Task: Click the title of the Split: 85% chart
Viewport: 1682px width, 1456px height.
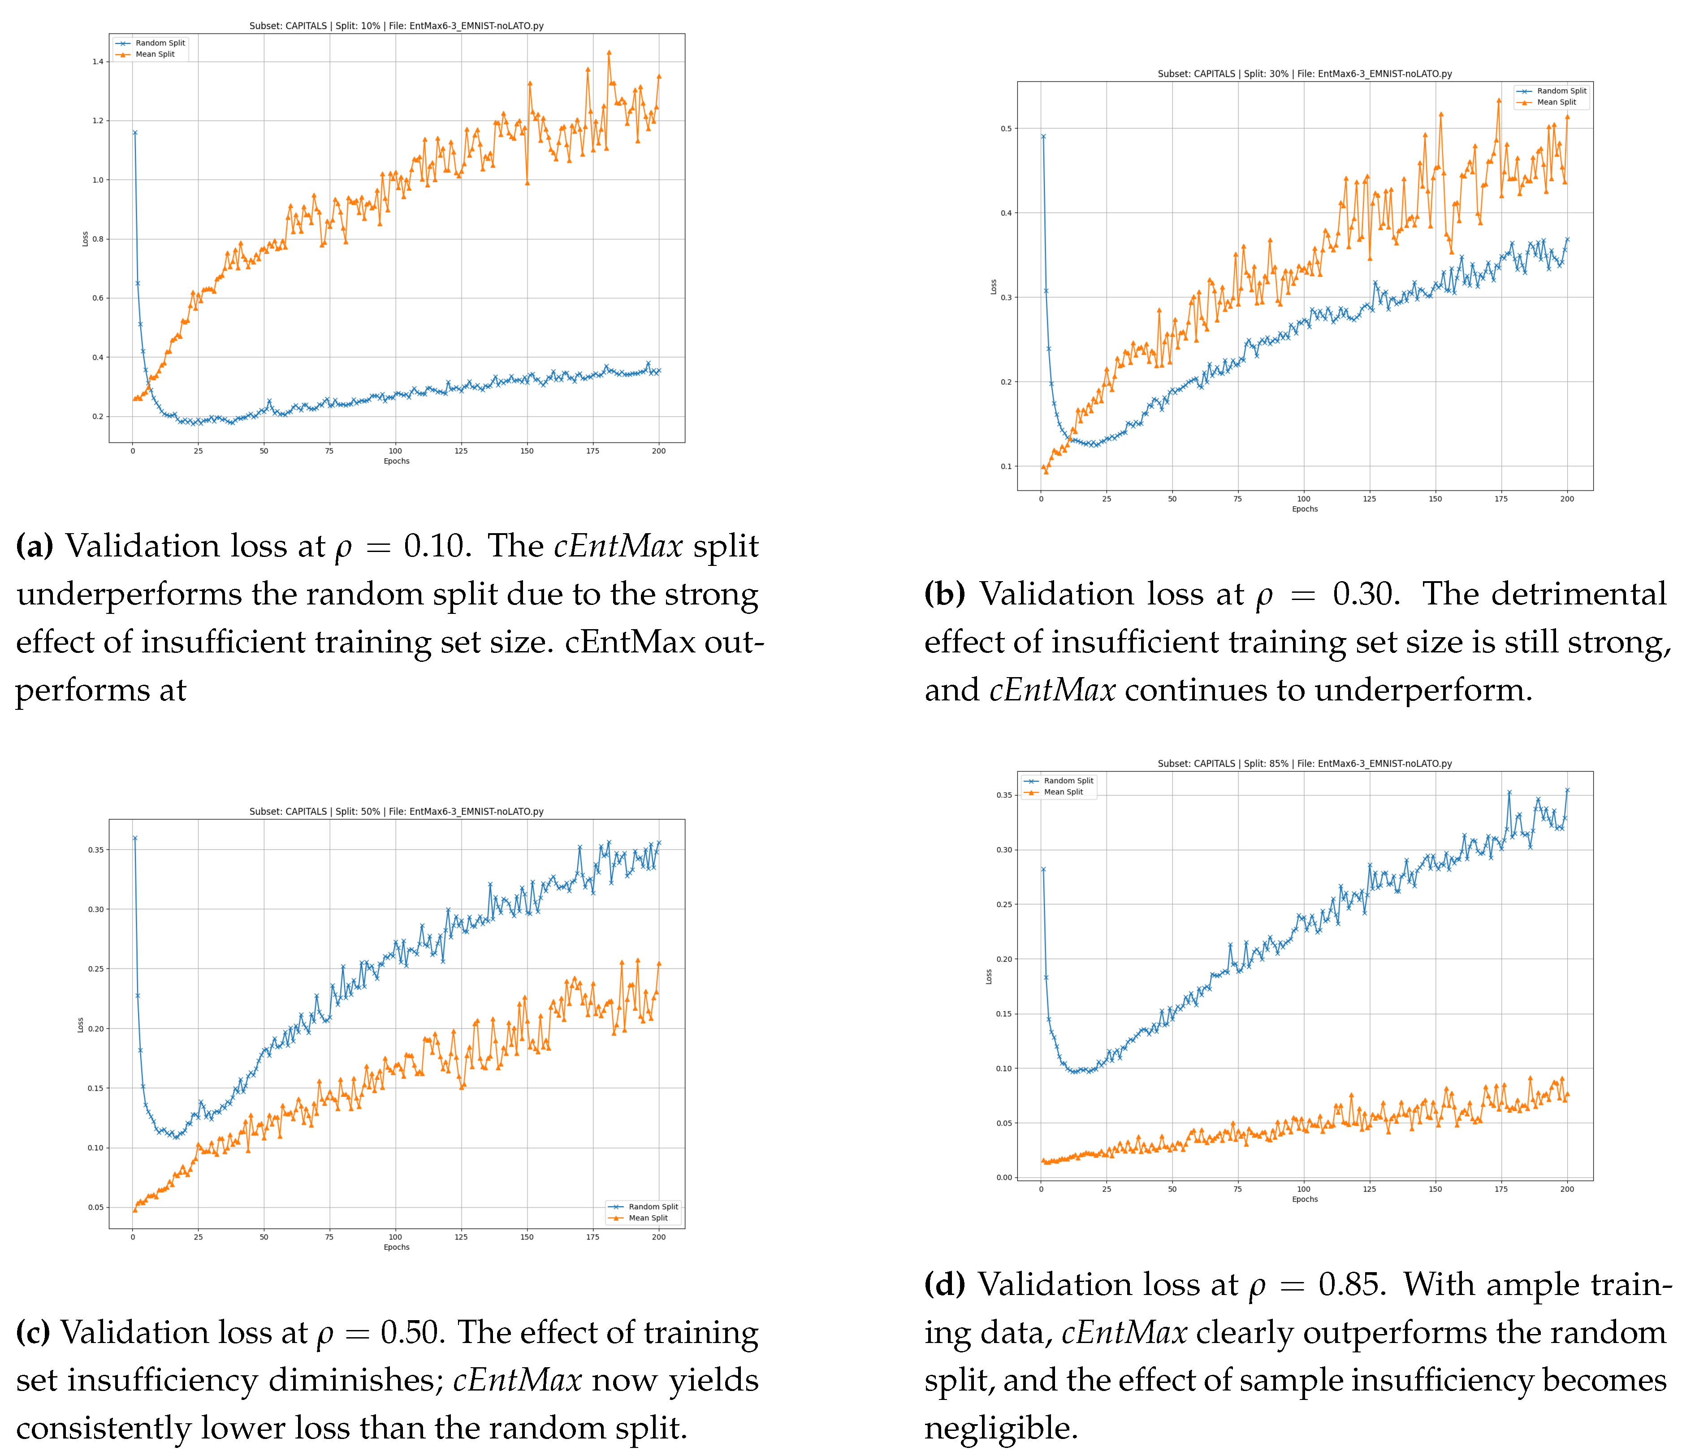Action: (x=1304, y=764)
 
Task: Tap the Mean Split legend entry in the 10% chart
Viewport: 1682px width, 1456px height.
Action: (x=154, y=54)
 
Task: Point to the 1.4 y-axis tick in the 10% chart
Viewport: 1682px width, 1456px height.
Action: (x=97, y=62)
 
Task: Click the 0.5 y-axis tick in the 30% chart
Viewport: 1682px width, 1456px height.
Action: (x=1005, y=128)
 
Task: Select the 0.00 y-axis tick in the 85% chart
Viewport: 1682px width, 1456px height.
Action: (x=1004, y=1178)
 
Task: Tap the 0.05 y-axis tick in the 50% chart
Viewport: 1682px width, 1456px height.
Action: (x=96, y=1208)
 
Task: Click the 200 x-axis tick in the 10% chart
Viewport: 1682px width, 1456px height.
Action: (x=659, y=451)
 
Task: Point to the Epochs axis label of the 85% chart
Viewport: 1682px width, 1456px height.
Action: (x=1304, y=1199)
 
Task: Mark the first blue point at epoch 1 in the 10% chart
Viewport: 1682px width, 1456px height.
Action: (x=135, y=132)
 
